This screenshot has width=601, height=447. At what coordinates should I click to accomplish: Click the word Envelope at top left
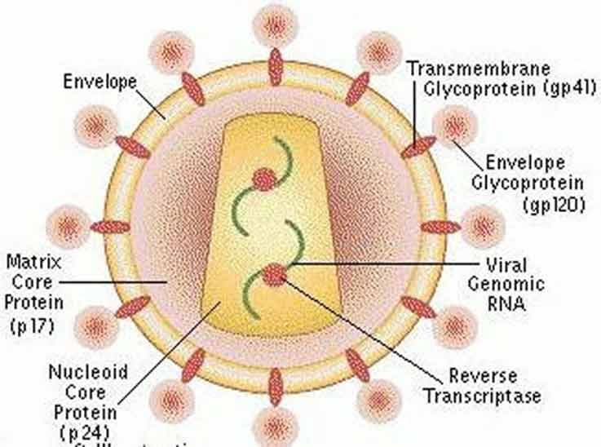click(101, 82)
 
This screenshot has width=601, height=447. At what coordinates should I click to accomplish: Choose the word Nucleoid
click(87, 372)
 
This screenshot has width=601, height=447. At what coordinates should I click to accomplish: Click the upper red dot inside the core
click(264, 179)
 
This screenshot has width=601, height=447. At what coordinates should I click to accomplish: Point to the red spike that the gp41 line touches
click(418, 147)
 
